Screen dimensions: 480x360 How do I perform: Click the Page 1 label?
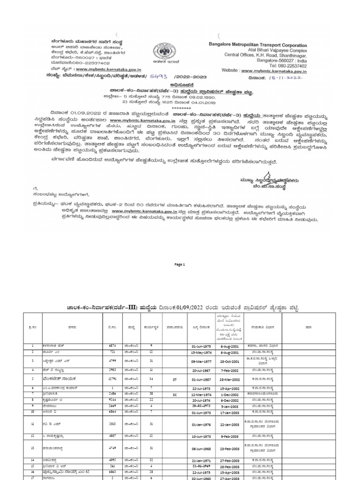click(180, 264)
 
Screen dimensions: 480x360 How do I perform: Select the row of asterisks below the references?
click(180, 106)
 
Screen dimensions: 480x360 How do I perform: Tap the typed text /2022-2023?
click(189, 76)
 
